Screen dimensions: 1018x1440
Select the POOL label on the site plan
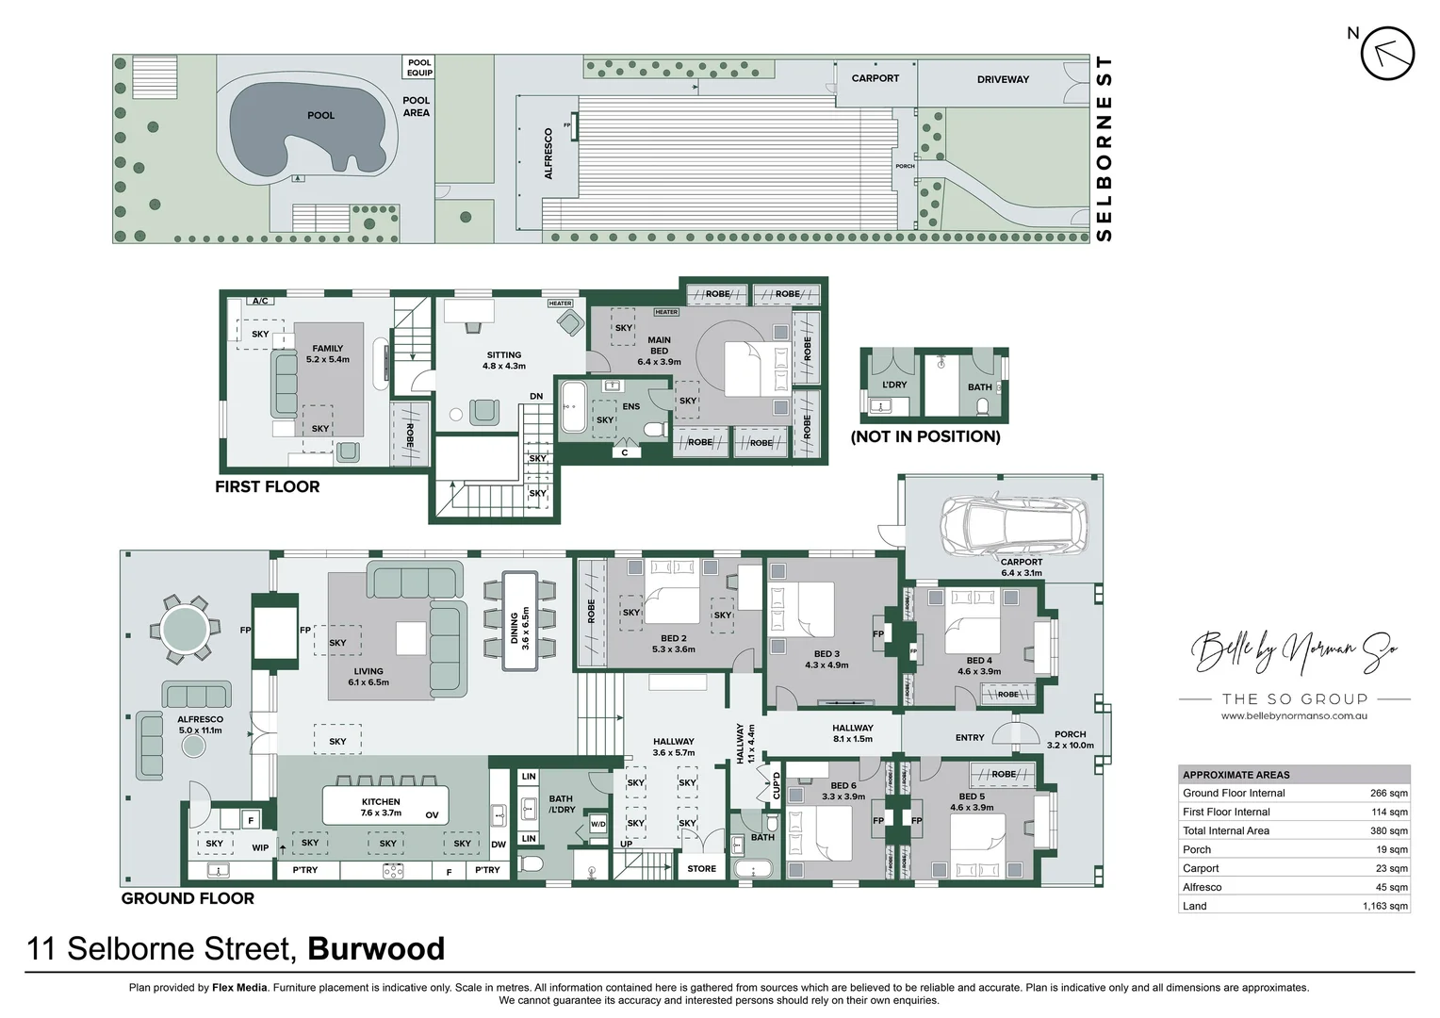pos(320,115)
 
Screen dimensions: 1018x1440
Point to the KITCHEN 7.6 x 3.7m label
pos(381,807)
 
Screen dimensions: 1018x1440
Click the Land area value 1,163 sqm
pos(1384,906)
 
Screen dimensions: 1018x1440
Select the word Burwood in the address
pos(376,948)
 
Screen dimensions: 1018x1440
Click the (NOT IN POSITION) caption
pos(925,436)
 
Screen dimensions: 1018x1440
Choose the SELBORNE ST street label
pos(1105,148)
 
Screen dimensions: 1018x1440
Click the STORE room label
pos(701,869)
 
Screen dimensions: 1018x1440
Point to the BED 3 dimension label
pos(826,659)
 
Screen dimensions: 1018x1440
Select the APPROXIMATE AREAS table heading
pos(1235,775)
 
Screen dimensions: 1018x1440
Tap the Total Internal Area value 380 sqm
pos(1388,830)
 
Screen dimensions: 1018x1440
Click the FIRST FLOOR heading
pos(267,486)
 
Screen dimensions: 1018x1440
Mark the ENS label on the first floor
pos(631,407)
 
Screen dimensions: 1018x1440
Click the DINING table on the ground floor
pos(519,620)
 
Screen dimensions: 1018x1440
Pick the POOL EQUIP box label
pos(419,68)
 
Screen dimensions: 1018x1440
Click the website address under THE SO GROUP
pos(1293,716)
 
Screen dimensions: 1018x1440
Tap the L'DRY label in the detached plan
pos(893,385)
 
